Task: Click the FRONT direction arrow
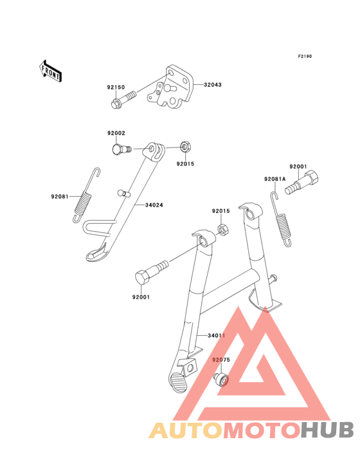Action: [50, 71]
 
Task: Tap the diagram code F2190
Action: [305, 56]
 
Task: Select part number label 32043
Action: [213, 85]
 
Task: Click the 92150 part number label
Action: [116, 88]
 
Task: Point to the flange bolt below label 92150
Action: [123, 100]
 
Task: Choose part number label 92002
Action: [116, 133]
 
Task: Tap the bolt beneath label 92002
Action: [122, 149]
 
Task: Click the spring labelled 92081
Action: [86, 195]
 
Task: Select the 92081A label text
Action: [274, 179]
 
